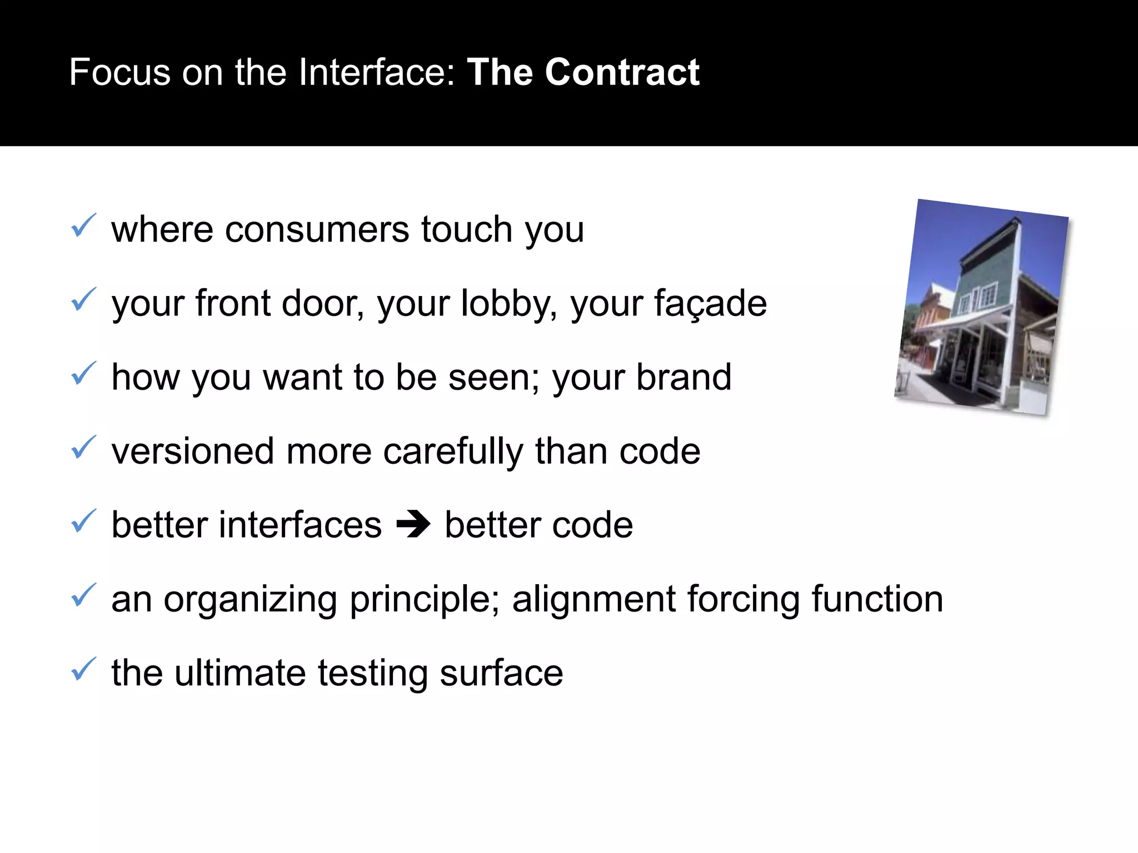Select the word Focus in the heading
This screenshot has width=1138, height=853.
point(119,73)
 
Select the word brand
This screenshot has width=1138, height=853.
point(683,378)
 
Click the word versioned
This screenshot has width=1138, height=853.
point(192,451)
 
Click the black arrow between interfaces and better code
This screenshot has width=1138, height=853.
point(413,525)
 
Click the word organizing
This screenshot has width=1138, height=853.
point(250,600)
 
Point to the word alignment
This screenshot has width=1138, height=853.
point(593,600)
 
